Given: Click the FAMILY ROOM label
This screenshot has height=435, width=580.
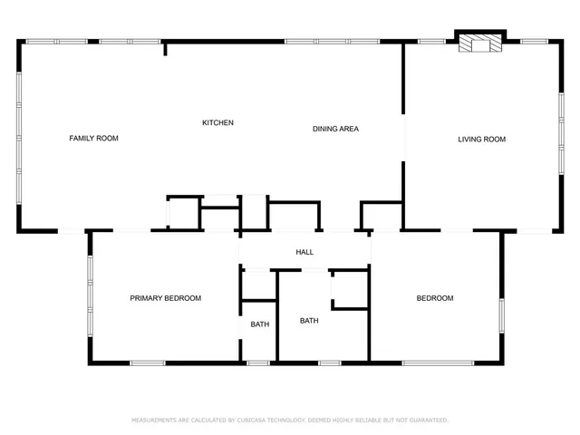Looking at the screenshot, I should (94, 139).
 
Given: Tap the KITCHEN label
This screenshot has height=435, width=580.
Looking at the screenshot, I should (217, 122).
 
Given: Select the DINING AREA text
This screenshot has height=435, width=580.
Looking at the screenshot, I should (335, 129).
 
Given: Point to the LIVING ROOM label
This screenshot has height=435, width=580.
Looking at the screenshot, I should (481, 139).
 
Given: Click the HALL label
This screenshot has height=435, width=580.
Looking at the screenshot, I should (304, 252).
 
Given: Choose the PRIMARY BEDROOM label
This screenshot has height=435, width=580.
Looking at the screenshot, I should (165, 298).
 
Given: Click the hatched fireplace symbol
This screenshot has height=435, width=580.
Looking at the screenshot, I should (478, 43).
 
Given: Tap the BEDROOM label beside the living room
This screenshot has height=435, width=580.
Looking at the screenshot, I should (435, 298).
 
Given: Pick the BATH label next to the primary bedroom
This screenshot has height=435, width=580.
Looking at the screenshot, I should (260, 324).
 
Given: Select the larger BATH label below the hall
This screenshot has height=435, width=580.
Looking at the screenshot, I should (309, 320).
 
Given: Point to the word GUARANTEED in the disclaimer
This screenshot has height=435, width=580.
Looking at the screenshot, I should (430, 420).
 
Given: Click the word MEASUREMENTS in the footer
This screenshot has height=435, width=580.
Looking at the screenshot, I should (158, 420).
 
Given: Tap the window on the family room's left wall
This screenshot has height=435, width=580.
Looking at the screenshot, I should (19, 136).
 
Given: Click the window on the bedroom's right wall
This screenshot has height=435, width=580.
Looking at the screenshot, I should (501, 317).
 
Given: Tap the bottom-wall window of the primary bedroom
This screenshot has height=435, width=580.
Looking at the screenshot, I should (148, 363).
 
